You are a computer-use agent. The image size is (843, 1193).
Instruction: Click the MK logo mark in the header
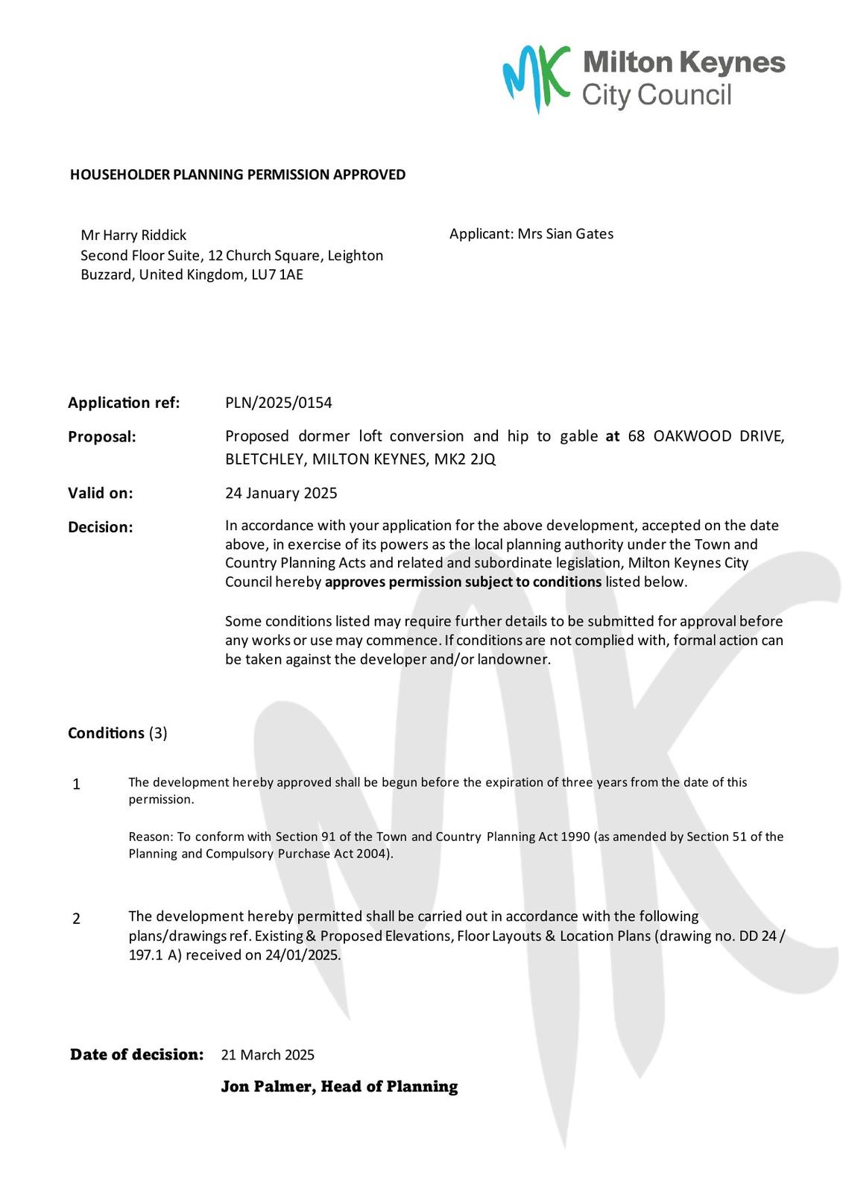(x=535, y=77)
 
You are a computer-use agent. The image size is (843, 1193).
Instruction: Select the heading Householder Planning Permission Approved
(x=238, y=174)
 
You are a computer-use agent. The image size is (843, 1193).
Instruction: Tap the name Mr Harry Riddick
(x=133, y=235)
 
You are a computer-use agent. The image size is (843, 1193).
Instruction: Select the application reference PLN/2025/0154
(x=279, y=403)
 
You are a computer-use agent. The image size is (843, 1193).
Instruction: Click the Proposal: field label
(x=102, y=437)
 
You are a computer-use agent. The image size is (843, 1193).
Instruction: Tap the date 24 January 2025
(x=281, y=493)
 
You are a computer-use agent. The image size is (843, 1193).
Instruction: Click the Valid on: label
(x=101, y=493)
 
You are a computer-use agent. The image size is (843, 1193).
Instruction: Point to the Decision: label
(x=101, y=527)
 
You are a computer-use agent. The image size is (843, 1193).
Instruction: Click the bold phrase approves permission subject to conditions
(x=463, y=582)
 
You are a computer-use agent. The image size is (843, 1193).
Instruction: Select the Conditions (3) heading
(x=118, y=733)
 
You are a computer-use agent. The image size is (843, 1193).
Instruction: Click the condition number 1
(x=76, y=784)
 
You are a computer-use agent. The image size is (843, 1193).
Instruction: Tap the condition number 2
(x=76, y=919)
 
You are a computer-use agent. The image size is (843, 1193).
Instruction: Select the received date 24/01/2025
(x=303, y=955)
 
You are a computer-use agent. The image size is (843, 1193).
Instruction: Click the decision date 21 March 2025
(x=268, y=1054)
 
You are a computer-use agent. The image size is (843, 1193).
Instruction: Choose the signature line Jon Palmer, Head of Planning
(x=339, y=1086)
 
